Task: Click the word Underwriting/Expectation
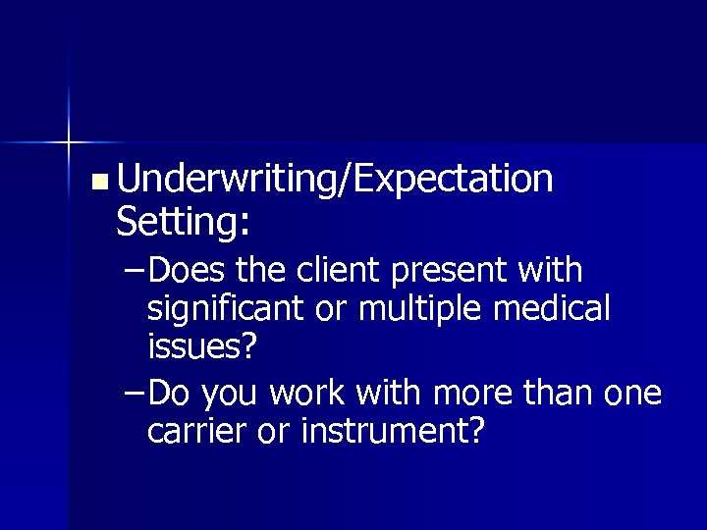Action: pos(334,180)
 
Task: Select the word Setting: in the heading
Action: pos(183,222)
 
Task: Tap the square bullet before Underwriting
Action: pos(97,182)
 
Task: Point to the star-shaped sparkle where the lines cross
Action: pos(69,142)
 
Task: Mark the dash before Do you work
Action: pos(135,394)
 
